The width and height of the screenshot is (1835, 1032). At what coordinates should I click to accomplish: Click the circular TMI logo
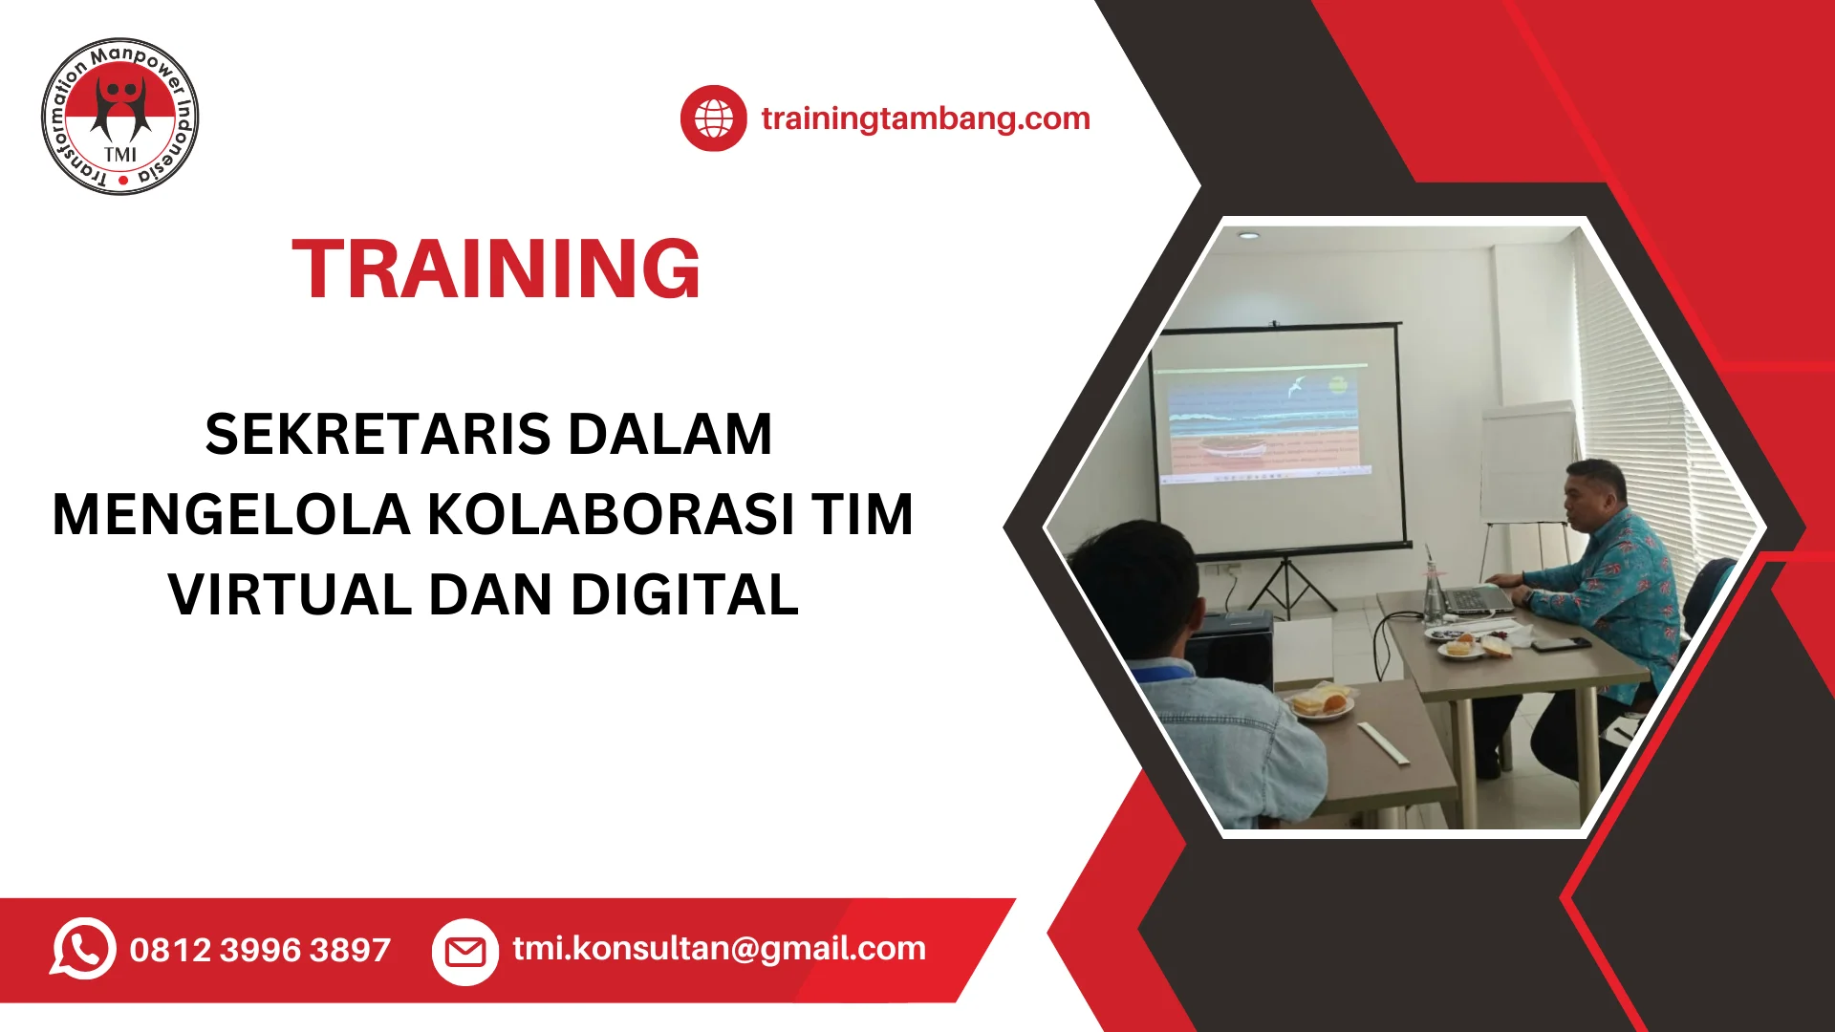click(x=120, y=117)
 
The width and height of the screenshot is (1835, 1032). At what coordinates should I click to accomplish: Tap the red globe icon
click(x=713, y=118)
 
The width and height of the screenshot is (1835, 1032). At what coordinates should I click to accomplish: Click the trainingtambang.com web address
click(x=925, y=118)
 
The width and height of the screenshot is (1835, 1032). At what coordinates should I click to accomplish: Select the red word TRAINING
click(x=496, y=269)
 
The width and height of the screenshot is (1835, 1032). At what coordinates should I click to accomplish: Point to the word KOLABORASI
click(x=611, y=514)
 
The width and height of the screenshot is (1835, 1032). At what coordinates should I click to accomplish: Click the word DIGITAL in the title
click(x=684, y=594)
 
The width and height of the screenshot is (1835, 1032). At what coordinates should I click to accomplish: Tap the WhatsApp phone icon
click(x=83, y=949)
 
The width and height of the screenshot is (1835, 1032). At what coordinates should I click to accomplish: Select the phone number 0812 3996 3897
click(x=260, y=950)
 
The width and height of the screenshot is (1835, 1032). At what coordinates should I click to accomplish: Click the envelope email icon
click(x=465, y=951)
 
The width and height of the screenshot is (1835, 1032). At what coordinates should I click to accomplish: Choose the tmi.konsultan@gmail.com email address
click(x=719, y=948)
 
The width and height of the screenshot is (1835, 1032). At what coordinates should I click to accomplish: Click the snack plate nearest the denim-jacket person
click(x=1321, y=703)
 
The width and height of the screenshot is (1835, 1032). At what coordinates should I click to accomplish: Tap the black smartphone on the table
click(x=1560, y=644)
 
